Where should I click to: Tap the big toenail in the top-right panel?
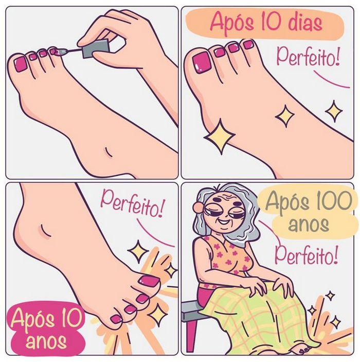click(201, 62)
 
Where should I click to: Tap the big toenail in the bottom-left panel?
click(149, 281)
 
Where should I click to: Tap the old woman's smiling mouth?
click(224, 225)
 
